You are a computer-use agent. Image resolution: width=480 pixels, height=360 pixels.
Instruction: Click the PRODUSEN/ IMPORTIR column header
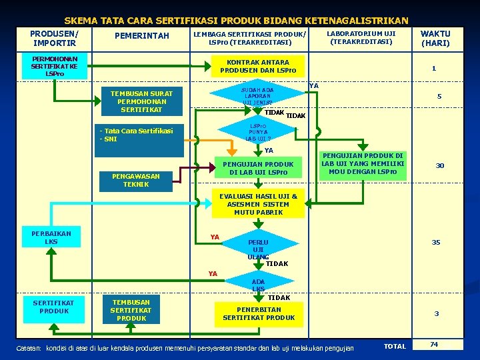54,38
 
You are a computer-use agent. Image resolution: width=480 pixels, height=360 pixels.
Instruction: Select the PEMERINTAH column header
142,36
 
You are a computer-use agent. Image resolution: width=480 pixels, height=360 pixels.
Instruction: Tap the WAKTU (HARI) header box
435,39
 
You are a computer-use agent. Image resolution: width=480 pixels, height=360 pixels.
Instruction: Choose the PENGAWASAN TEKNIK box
136,180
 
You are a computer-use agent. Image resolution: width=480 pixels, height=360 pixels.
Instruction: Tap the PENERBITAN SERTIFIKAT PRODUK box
259,313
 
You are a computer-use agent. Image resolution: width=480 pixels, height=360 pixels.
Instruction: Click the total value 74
434,345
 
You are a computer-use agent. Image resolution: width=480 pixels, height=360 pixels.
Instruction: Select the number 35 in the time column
435,243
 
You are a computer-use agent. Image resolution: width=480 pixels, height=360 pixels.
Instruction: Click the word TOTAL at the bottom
395,346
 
